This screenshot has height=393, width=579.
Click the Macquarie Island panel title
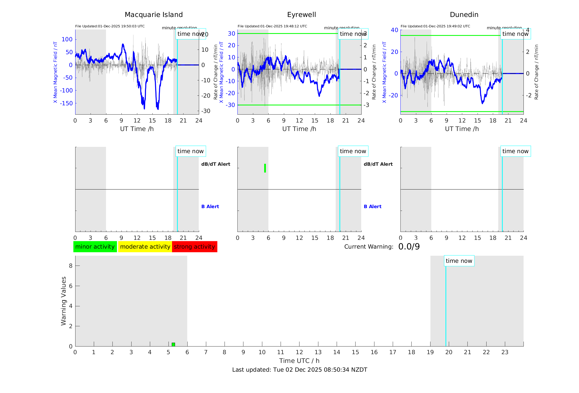pos(153,15)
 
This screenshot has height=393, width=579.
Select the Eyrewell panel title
pos(301,15)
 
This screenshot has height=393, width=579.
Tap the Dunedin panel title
pos(464,15)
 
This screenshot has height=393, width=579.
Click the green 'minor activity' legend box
pos(95,247)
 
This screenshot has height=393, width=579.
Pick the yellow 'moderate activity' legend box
pos(145,247)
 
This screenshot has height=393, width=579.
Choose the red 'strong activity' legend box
pos(194,247)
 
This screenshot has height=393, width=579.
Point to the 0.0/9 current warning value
pos(409,247)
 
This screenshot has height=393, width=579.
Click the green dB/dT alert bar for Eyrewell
pos(265,168)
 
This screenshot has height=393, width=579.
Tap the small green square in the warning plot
pos(173,345)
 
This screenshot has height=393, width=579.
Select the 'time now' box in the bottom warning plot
pos(459,261)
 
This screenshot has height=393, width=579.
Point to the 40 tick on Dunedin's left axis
pos(394,30)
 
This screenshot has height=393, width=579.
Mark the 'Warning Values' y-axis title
pos(63,301)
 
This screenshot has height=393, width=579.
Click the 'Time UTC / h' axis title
pos(299,361)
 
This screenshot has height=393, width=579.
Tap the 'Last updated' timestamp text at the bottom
pos(299,370)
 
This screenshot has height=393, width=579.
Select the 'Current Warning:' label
pos(369,247)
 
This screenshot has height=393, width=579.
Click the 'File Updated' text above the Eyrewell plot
pos(272,26)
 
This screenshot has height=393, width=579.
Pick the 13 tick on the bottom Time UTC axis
pos(318,352)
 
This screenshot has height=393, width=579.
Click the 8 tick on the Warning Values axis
pos(71,266)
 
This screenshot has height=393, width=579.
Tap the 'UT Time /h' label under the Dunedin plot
pos(462,129)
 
